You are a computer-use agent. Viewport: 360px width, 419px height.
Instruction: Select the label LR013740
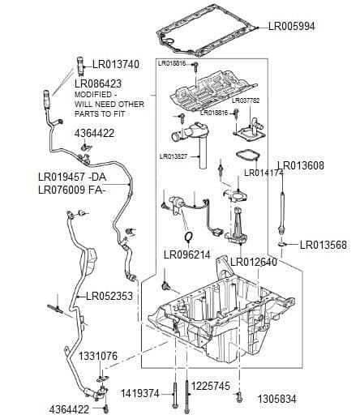coord(116,64)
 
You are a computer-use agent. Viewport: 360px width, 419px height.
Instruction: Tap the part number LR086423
coord(98,83)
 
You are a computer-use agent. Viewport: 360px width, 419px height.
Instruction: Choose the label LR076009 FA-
coord(72,190)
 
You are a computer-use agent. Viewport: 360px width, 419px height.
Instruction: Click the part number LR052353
coord(109,296)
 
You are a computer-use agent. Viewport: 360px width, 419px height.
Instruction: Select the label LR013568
coord(324,244)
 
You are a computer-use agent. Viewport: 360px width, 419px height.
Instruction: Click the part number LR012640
coord(254,262)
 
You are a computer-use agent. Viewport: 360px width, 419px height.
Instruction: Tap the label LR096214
coord(187,254)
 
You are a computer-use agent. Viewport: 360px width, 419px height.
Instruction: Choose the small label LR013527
coord(174,156)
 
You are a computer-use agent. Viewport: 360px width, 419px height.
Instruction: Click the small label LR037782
coord(246,100)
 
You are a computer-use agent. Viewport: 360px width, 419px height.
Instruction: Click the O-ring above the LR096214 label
coord(187,237)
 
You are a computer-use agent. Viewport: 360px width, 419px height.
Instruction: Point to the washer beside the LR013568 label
coord(281,244)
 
